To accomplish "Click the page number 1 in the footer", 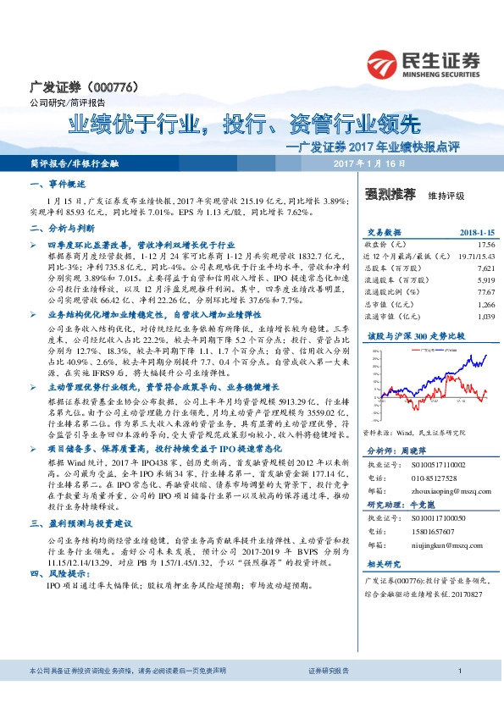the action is pos(458,694).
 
